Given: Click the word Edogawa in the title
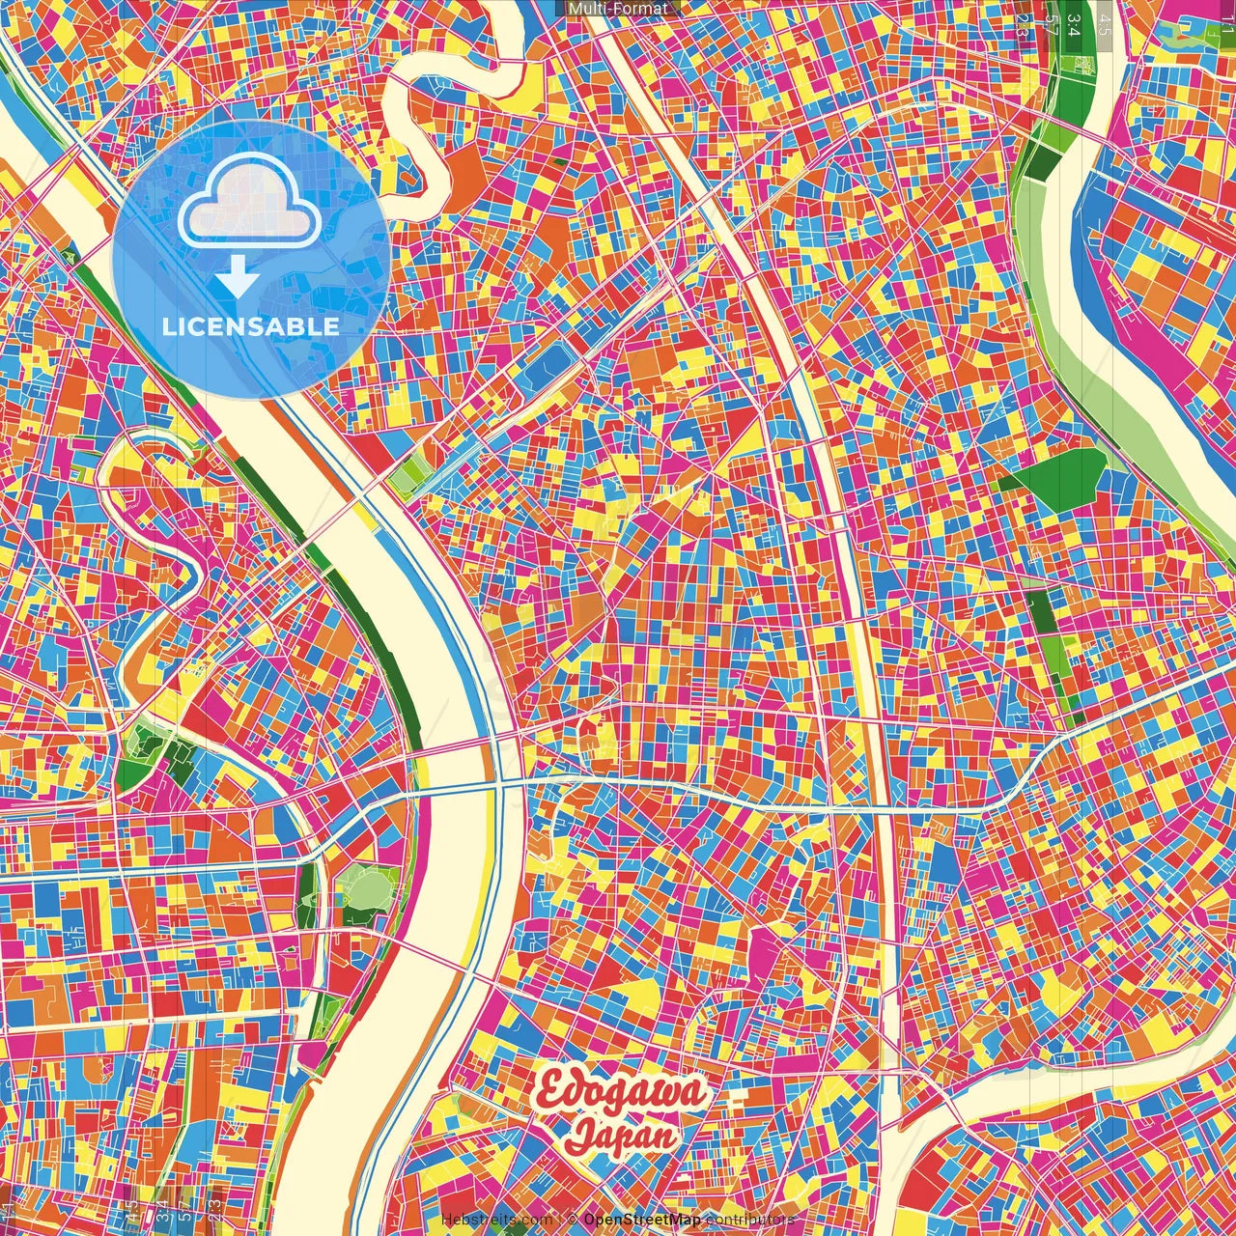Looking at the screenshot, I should [x=622, y=1094].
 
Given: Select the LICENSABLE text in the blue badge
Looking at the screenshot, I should [x=251, y=326].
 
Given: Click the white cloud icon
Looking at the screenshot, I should [x=250, y=201].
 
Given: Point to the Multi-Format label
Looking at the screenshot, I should [x=618, y=9].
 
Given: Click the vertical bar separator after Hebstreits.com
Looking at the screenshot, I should [x=561, y=1220].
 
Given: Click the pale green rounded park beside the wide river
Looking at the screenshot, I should [x=366, y=887].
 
